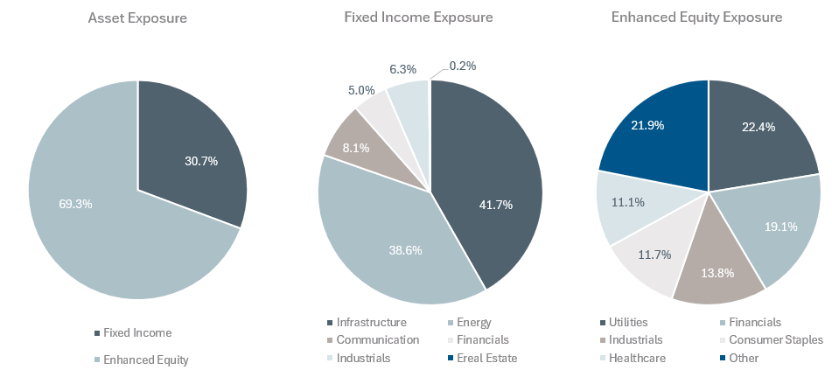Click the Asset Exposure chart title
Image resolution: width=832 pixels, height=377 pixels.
point(137,17)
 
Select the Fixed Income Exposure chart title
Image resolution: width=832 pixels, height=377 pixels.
point(430,17)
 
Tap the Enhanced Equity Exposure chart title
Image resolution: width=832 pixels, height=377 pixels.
point(709,17)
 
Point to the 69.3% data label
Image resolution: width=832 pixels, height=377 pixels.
point(74,204)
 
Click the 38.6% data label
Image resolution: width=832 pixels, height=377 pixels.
point(405,249)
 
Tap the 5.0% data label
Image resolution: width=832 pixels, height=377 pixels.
point(360,90)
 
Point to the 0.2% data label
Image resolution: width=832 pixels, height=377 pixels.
point(464,65)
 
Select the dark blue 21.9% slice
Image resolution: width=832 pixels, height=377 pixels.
point(656,131)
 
